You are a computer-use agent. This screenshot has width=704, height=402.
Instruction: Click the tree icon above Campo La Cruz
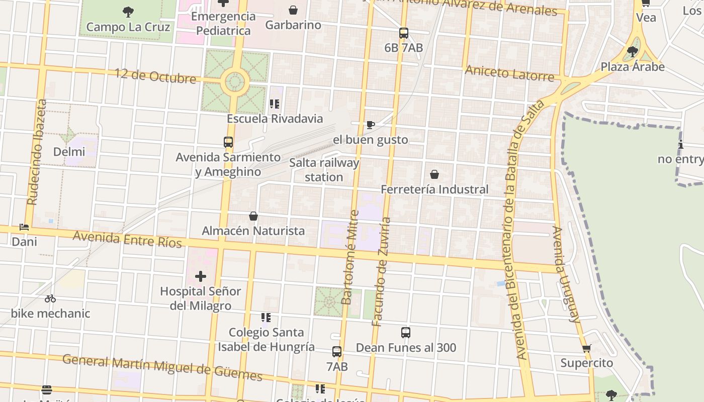pos(128,12)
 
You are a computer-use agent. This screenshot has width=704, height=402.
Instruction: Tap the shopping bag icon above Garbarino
pos(293,10)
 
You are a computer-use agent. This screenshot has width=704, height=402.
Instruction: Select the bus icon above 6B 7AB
pos(403,33)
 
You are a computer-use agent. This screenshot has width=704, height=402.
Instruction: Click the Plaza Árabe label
pos(633,66)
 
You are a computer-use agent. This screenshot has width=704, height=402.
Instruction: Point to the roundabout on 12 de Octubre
pos(235,81)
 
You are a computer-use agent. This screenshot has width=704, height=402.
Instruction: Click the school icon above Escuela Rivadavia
pos(274,104)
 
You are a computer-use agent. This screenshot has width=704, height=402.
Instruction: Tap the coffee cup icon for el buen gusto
pos(371,125)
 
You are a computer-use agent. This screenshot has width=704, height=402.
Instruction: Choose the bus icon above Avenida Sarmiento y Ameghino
pos(228,142)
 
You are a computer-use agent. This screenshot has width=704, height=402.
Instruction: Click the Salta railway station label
pos(324,170)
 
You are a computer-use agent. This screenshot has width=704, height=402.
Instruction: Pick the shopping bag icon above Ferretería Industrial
pos(434,174)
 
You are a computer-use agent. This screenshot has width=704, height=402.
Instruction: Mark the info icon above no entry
pos(681,145)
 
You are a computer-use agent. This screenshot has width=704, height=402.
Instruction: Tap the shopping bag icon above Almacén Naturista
pos(253,216)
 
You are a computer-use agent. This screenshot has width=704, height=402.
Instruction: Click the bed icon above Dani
pos(24,227)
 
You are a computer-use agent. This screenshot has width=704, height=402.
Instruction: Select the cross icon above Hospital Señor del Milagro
pos(201,276)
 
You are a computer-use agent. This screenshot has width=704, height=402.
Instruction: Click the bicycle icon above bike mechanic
pos(50,298)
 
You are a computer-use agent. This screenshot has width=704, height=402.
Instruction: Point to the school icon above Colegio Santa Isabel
pos(266,318)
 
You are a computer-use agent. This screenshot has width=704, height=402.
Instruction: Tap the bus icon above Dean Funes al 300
pos(406,333)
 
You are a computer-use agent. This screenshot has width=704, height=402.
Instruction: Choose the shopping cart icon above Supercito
pos(586,348)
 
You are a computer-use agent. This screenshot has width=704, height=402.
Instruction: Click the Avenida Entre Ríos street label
pos(127,239)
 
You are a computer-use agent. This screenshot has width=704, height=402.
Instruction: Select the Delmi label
pos(69,152)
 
